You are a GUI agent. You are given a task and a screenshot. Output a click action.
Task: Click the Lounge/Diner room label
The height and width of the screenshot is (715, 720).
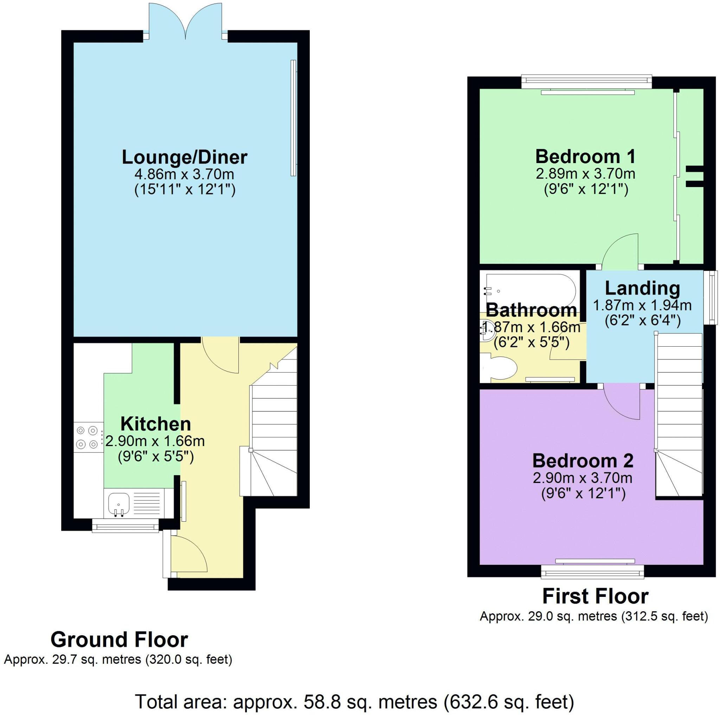click(185, 157)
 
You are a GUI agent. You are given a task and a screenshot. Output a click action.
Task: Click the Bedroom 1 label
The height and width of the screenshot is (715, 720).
click(585, 156)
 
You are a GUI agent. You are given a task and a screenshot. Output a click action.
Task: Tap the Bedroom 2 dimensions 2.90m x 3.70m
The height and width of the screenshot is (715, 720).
click(583, 477)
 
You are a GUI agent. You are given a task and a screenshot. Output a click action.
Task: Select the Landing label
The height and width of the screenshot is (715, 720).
click(642, 288)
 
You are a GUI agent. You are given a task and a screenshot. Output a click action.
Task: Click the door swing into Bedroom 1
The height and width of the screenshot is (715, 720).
click(620, 250)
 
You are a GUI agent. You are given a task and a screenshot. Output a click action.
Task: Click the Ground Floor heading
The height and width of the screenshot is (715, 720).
click(119, 640)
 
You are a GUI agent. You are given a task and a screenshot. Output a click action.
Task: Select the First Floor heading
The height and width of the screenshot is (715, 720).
click(595, 597)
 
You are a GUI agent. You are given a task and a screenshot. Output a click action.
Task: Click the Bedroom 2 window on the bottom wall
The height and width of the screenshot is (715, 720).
click(592, 570)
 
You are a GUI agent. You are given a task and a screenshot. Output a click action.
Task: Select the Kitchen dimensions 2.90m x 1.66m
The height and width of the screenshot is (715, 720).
click(155, 442)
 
